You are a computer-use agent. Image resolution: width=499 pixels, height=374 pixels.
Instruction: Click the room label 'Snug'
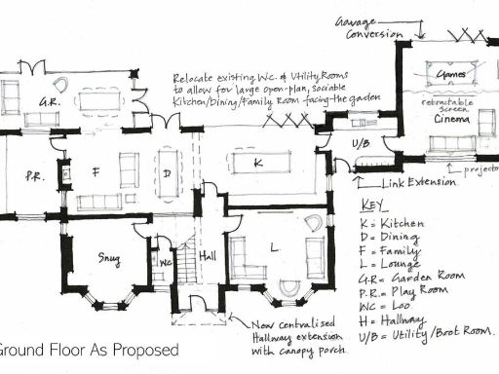[x=108, y=258]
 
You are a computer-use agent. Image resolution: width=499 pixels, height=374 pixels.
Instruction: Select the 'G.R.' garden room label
[x=45, y=101]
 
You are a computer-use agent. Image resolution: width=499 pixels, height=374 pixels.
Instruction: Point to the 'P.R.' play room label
[x=34, y=176]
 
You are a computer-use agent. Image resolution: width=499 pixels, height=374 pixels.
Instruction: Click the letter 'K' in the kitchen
[x=258, y=164]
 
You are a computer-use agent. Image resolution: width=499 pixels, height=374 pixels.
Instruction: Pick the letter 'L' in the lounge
[x=274, y=247]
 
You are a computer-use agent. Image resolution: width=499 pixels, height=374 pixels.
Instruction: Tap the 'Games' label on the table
[x=450, y=73]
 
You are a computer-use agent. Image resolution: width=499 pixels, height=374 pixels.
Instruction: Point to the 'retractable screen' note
[x=447, y=104]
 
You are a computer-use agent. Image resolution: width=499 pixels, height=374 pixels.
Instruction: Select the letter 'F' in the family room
[x=96, y=171]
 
